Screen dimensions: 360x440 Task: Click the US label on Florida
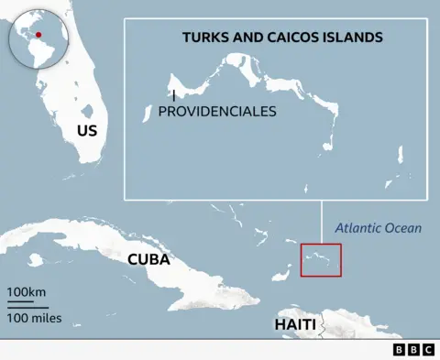tap(87, 131)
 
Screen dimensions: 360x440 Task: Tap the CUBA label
tap(148, 259)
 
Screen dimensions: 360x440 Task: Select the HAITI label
tap(295, 325)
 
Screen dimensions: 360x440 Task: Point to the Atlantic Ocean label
tap(378, 228)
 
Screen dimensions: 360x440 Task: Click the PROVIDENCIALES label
tap(217, 111)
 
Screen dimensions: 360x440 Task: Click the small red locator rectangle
tap(321, 258)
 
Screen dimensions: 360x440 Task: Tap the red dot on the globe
tap(38, 35)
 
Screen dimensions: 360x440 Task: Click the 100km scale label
tap(27, 292)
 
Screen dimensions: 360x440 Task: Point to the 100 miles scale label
tap(34, 318)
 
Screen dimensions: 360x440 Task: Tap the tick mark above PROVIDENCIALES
tap(173, 95)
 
